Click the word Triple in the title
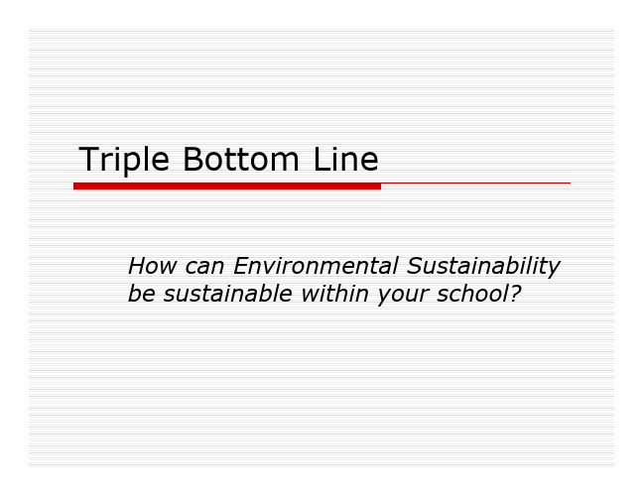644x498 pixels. pyautogui.click(x=124, y=161)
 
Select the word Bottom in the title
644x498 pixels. pyautogui.click(x=241, y=159)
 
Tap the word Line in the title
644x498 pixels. pyautogui.click(x=345, y=159)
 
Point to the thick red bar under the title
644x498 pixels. pyautogui.click(x=227, y=186)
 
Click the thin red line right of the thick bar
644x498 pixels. pyautogui.click(x=475, y=184)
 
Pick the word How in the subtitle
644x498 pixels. pyautogui.click(x=153, y=266)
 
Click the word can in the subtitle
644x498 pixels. pyautogui.click(x=204, y=268)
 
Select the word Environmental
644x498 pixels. pyautogui.click(x=316, y=266)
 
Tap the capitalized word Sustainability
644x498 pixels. pyautogui.click(x=483, y=268)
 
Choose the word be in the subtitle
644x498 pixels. pyautogui.click(x=142, y=294)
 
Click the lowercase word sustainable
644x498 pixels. pyautogui.click(x=227, y=294)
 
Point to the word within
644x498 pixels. pyautogui.click(x=334, y=294)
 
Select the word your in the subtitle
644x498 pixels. pyautogui.click(x=403, y=297)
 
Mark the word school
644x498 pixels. pyautogui.click(x=472, y=294)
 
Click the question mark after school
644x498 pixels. pyautogui.click(x=515, y=294)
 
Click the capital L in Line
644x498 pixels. pyautogui.click(x=322, y=159)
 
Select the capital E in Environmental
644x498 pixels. pyautogui.click(x=242, y=266)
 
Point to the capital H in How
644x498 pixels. pyautogui.click(x=138, y=266)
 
